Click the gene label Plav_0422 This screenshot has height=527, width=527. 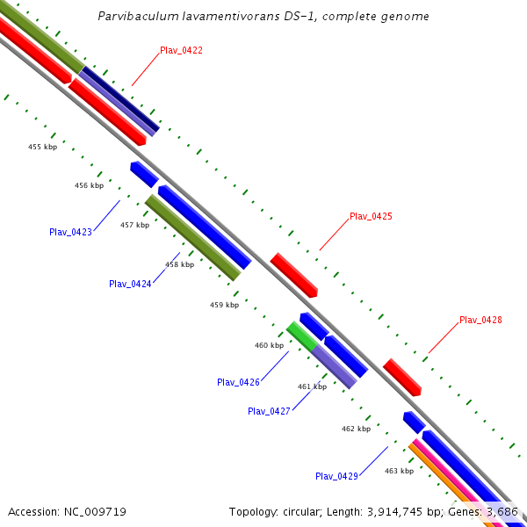181,51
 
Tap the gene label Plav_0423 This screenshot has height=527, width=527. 70,233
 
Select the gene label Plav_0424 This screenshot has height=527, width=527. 130,285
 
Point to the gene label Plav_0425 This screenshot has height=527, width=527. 371,216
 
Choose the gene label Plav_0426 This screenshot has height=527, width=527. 238,382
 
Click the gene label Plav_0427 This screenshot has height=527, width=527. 269,411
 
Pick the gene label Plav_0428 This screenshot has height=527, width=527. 480,321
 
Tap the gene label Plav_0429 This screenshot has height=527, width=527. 336,476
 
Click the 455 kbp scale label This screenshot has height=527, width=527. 42,147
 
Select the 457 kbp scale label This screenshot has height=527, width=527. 134,225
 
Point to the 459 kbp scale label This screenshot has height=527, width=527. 224,305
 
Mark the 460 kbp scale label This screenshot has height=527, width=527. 269,345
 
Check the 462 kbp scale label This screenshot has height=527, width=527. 356,429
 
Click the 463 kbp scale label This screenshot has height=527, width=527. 399,471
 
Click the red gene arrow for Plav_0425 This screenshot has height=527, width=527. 293,274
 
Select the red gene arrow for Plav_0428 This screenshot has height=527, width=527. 402,377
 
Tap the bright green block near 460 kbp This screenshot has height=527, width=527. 301,336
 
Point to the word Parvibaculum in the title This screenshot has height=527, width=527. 136,17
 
